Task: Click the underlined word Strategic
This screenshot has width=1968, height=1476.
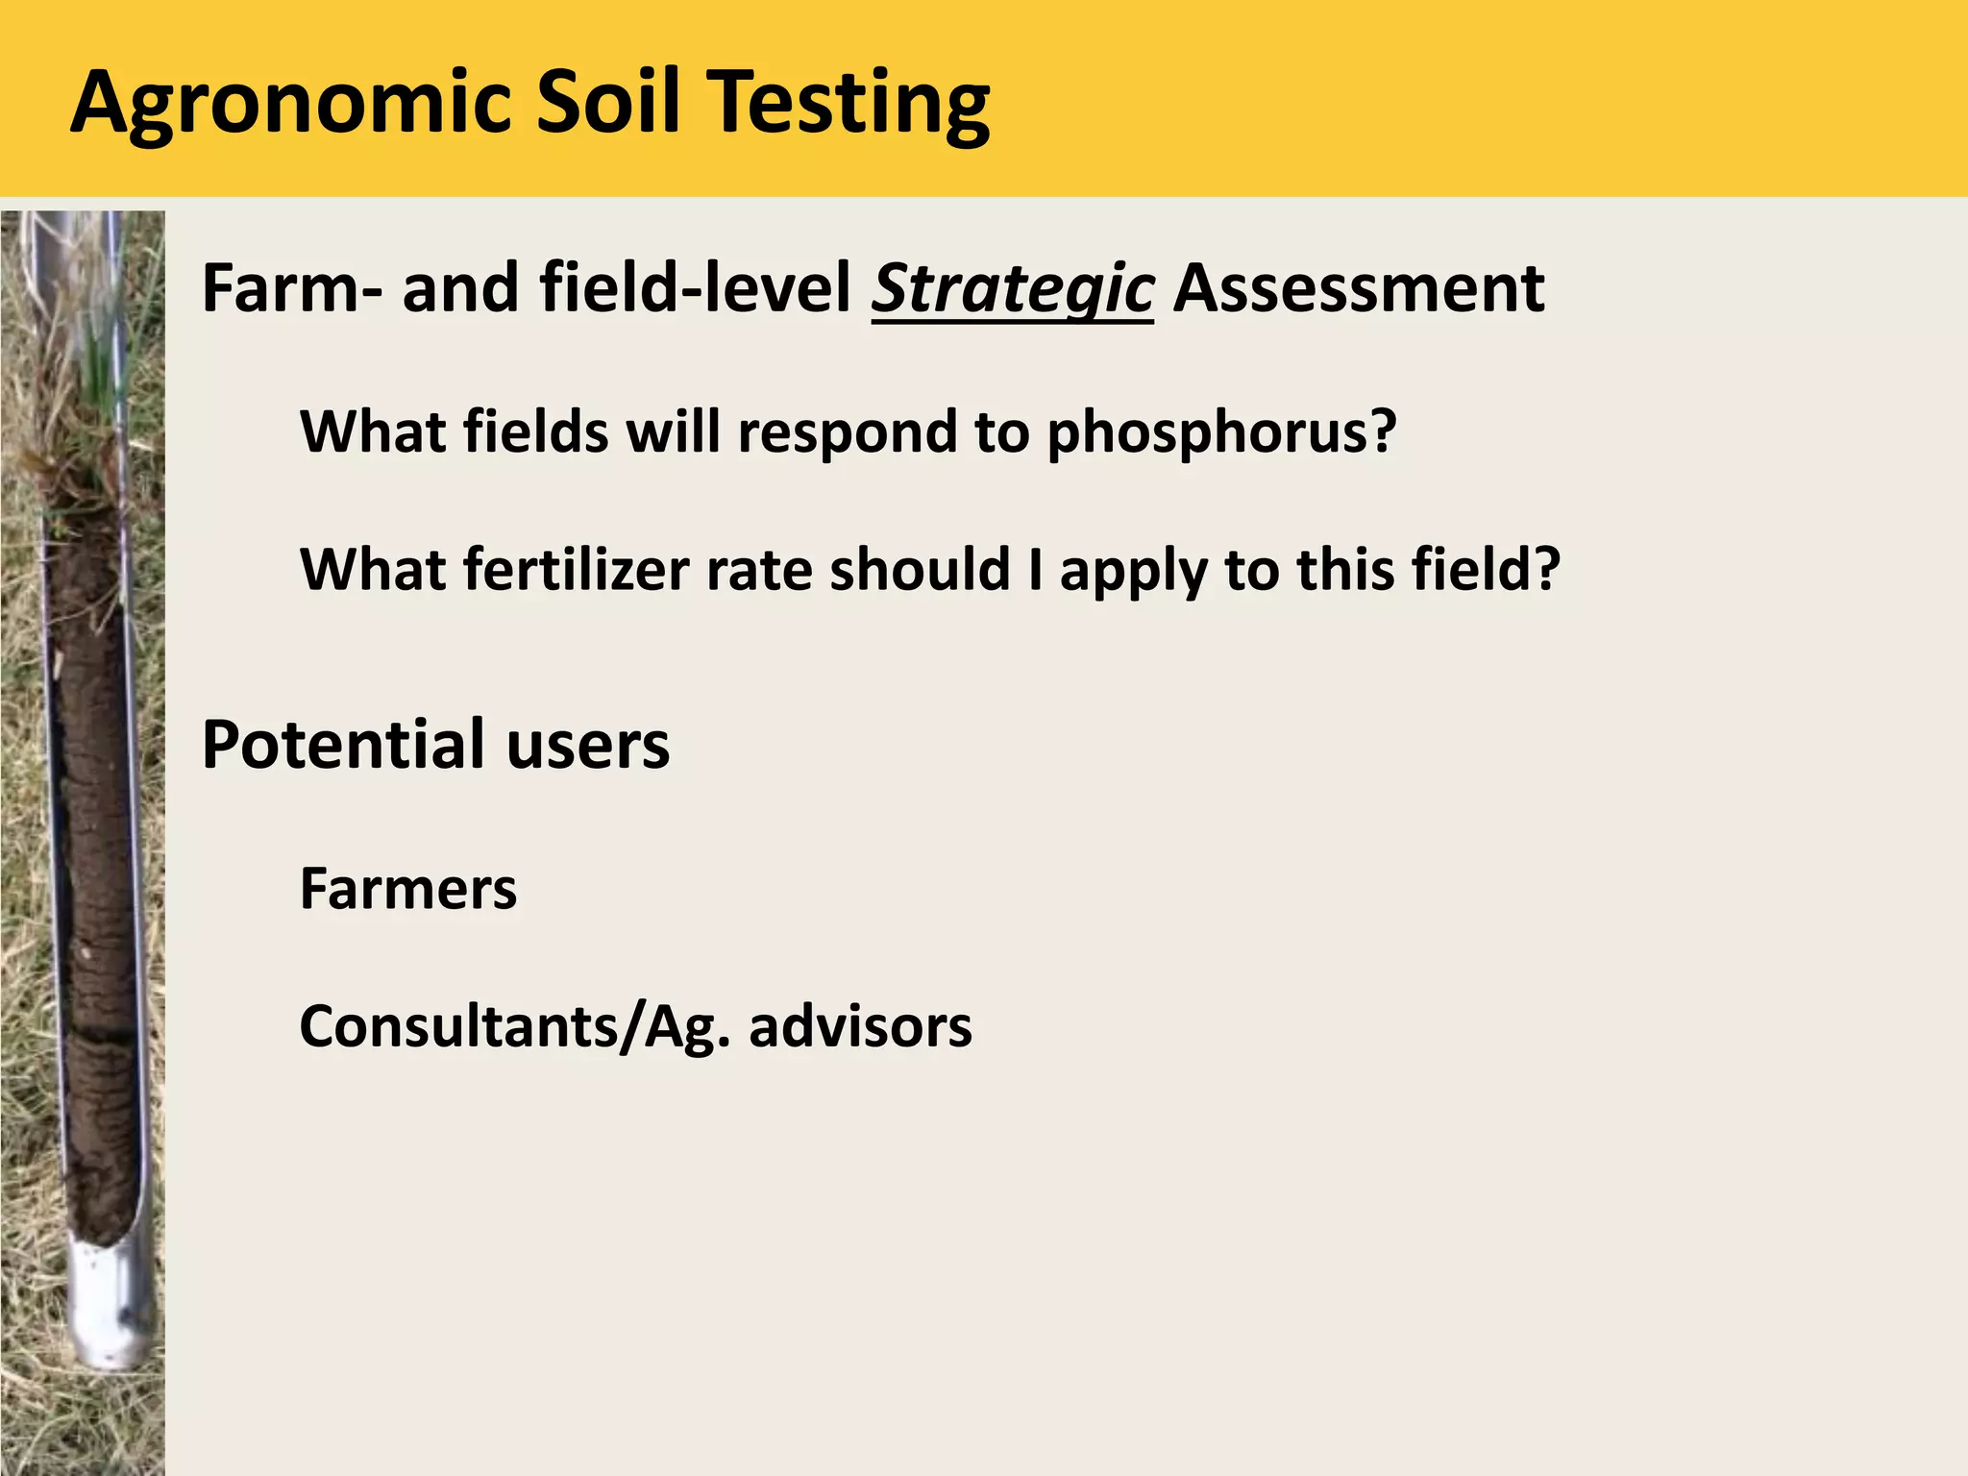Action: (1012, 289)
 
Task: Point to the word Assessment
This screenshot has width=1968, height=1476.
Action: (1359, 288)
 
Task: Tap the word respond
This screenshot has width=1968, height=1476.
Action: (847, 432)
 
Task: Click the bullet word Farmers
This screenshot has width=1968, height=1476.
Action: (408, 889)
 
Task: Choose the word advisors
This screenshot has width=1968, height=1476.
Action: (860, 1027)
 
